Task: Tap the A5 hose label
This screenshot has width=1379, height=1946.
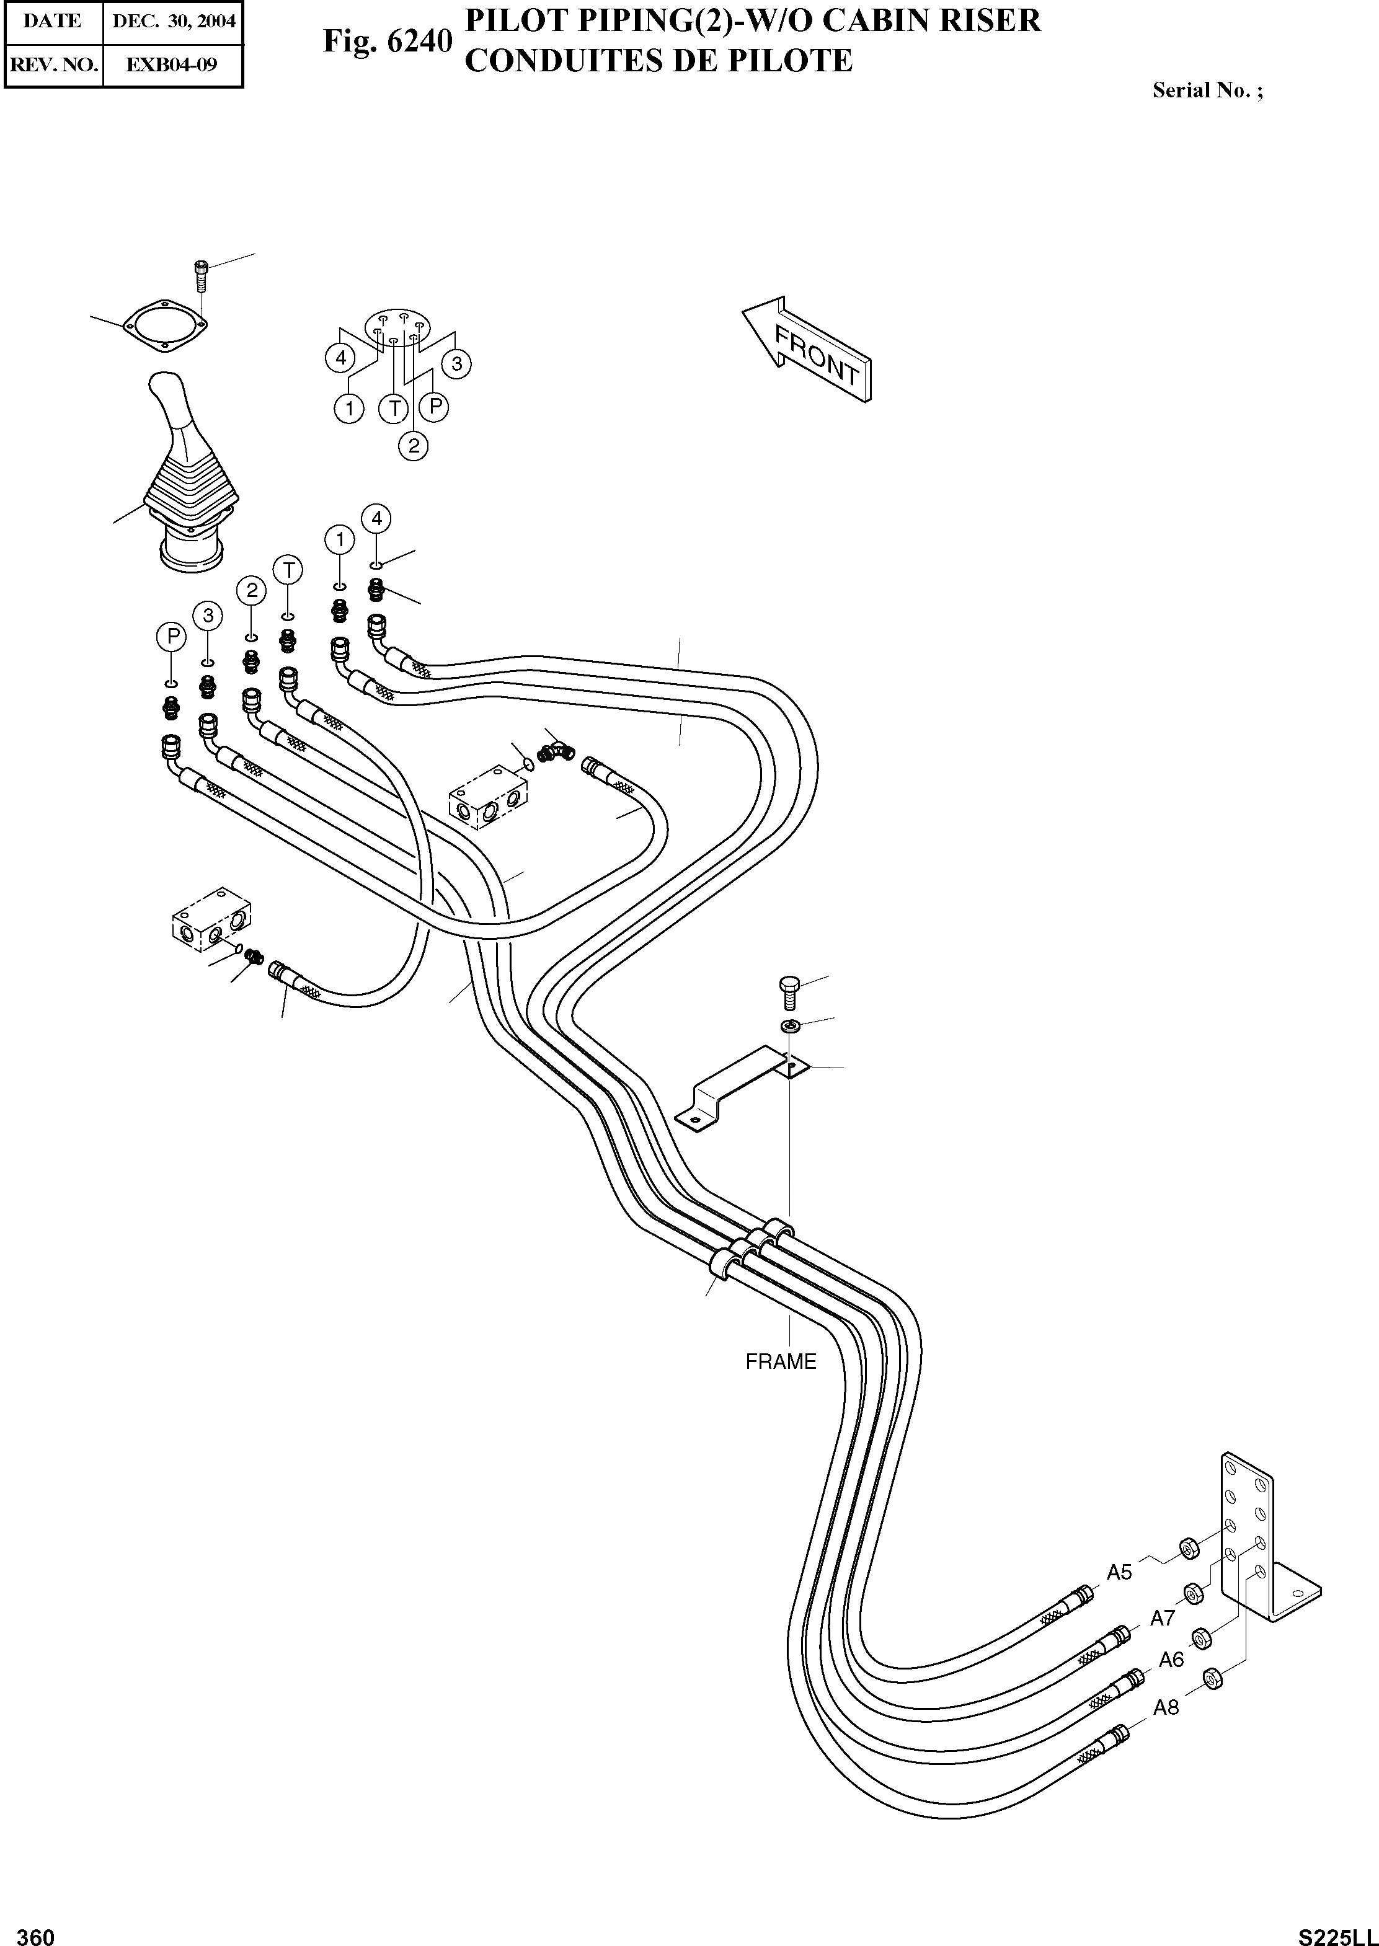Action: [x=1119, y=1572]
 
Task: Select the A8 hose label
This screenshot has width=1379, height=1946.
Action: [x=1166, y=1707]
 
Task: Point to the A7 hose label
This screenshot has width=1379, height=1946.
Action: [x=1161, y=1618]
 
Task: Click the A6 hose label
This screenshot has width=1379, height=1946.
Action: [x=1171, y=1659]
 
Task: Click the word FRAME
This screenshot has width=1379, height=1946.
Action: [x=781, y=1361]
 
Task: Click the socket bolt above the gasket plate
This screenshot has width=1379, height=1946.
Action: [x=200, y=275]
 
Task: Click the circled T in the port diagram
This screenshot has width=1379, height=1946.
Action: [x=394, y=409]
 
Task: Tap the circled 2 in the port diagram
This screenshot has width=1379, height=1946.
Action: [x=414, y=445]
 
